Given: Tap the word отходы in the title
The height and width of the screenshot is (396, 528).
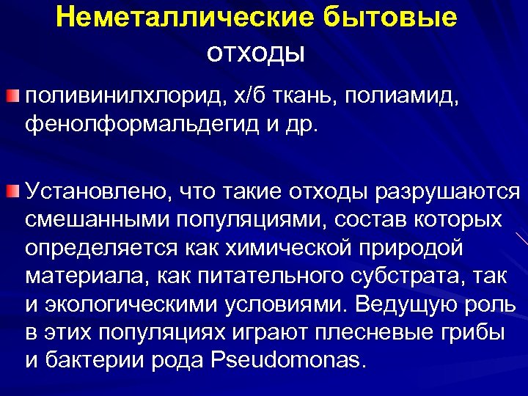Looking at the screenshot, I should pos(256,53).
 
